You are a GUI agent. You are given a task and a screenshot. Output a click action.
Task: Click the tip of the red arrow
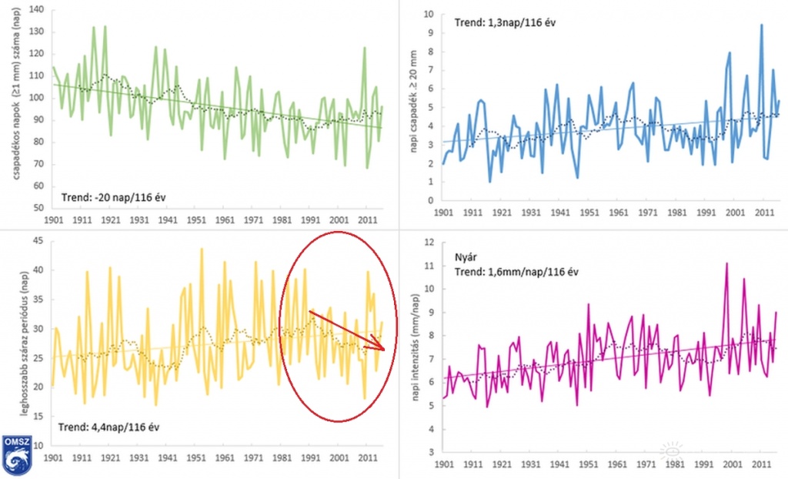click(x=382, y=350)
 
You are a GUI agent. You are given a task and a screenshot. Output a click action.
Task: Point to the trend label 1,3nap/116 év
click(x=505, y=23)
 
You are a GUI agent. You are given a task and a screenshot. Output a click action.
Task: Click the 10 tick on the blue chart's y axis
click(x=429, y=14)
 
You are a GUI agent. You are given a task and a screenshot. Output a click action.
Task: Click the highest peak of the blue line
click(x=761, y=25)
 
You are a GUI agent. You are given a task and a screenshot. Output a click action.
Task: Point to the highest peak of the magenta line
click(x=726, y=263)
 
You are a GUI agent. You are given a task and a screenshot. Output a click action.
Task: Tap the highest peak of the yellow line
click(x=202, y=249)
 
